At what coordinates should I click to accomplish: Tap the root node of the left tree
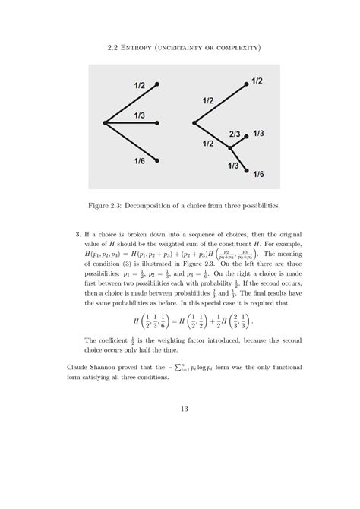pos(105,122)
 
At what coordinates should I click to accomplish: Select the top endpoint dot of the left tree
pos(157,84)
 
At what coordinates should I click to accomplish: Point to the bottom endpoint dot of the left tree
pos(157,161)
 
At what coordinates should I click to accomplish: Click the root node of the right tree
pos(194,122)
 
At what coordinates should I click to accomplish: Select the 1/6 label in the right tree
pos(260,174)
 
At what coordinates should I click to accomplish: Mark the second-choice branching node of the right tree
pos(230,147)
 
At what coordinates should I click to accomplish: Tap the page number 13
pos(180,410)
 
